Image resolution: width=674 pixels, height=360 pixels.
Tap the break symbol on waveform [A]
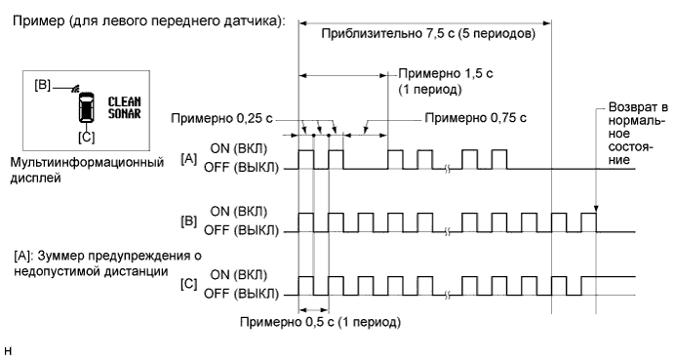[447, 169]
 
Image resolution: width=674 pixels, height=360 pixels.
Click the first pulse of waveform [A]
[306, 160]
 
